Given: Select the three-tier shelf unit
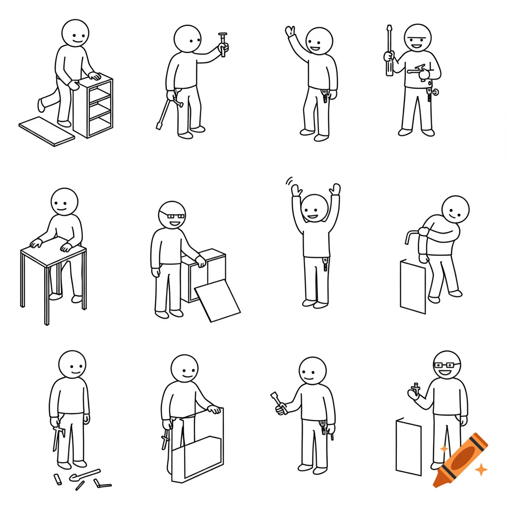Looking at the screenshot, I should [x=93, y=106].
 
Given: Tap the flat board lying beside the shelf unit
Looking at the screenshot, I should [x=46, y=131].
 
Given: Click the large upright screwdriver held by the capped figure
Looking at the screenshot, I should [x=389, y=52].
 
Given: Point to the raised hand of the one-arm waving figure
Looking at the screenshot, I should [x=290, y=32].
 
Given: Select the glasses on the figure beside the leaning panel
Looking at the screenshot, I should [x=175, y=216].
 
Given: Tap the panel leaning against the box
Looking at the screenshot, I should [x=217, y=301].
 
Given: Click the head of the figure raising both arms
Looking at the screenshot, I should [x=314, y=207].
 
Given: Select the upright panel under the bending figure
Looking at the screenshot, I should [x=413, y=287].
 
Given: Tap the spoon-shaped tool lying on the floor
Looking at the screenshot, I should [x=84, y=475].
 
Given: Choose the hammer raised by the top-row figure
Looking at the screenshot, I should [x=223, y=43].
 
